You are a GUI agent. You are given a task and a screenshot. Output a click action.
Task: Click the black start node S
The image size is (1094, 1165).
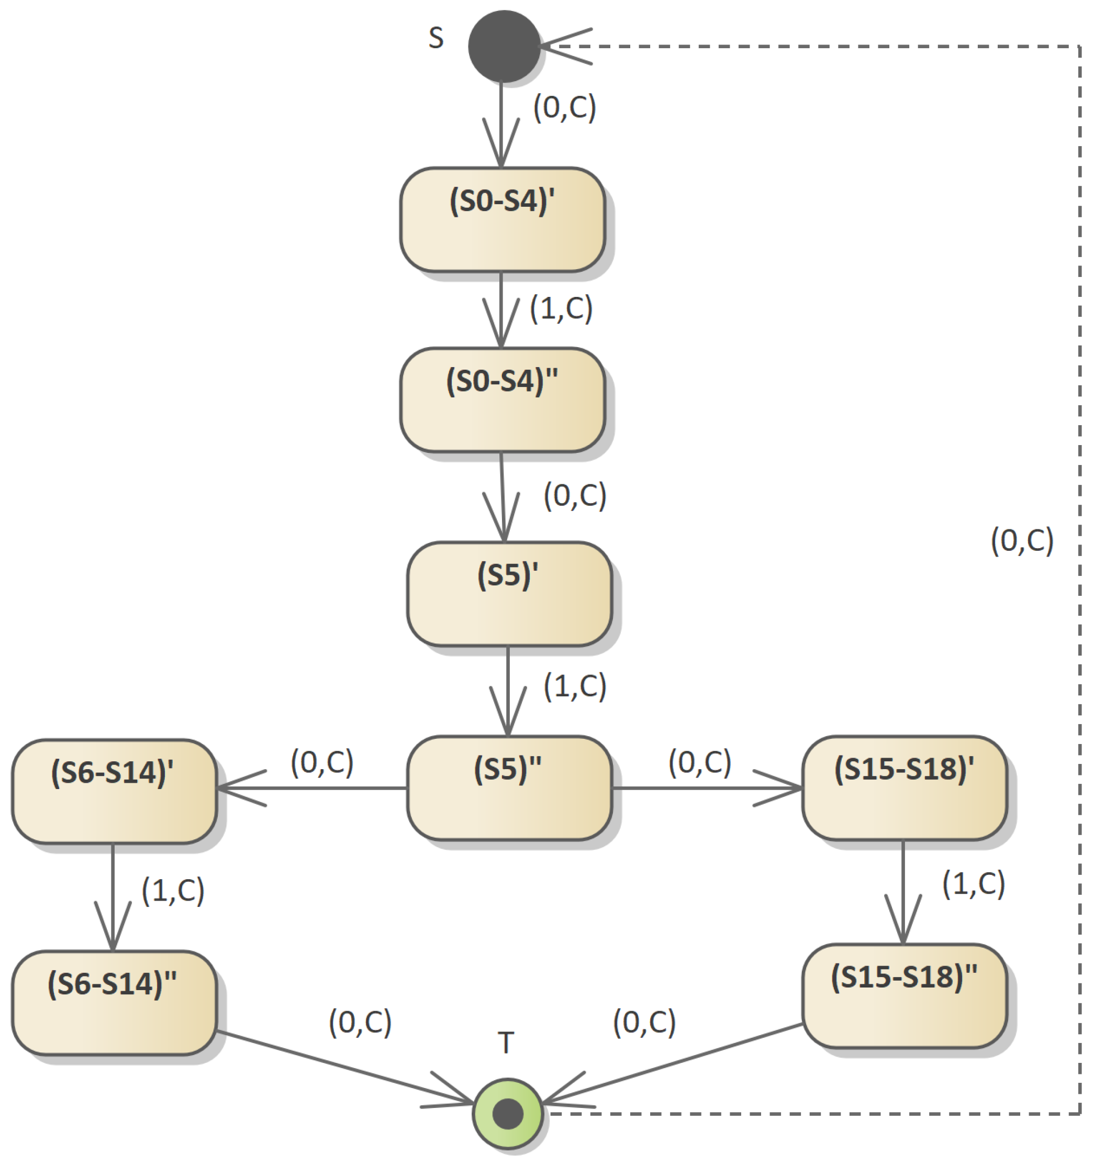[504, 46]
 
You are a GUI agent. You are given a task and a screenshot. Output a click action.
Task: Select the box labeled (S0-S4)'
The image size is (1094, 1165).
[502, 220]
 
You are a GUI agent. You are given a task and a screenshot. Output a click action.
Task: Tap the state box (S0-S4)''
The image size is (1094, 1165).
[502, 400]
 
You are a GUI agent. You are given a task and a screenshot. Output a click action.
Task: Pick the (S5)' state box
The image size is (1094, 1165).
[509, 594]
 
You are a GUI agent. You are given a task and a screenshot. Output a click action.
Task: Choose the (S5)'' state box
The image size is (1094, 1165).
[509, 788]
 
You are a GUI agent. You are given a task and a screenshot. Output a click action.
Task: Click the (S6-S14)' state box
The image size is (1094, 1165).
[114, 792]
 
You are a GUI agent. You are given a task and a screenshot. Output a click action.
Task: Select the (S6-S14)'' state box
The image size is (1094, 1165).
[114, 1003]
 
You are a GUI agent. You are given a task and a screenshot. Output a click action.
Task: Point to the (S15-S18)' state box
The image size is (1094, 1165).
[904, 788]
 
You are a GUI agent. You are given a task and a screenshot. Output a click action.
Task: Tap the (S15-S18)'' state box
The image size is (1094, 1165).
[904, 996]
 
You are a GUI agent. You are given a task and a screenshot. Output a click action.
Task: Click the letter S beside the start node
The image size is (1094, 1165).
[436, 38]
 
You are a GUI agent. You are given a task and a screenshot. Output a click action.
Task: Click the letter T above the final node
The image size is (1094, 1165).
[506, 1042]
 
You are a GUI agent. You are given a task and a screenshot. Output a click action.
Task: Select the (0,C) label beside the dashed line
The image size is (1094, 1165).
[1022, 540]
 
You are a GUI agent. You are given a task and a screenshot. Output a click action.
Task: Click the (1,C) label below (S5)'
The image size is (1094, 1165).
[575, 686]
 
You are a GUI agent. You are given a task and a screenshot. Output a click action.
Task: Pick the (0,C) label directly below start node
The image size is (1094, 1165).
[564, 107]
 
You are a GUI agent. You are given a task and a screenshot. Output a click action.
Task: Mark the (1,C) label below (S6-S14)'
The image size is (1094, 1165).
[173, 890]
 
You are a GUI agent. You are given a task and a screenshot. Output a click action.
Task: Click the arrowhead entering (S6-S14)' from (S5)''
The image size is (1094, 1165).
[235, 788]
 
